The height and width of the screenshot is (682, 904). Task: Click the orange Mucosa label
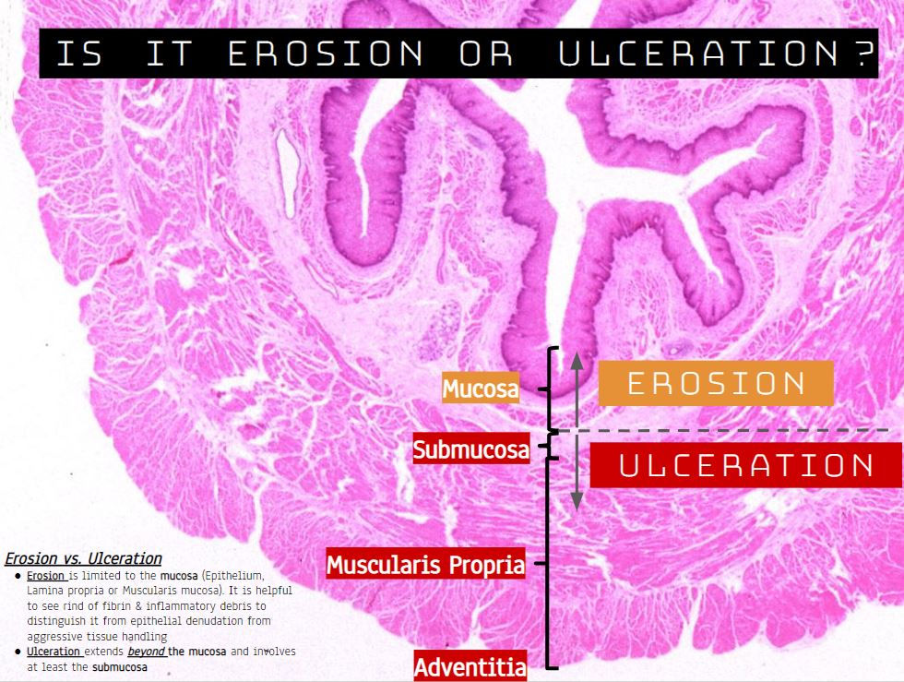click(481, 389)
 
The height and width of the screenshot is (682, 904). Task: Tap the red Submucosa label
click(471, 449)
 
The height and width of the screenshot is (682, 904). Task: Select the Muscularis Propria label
click(425, 564)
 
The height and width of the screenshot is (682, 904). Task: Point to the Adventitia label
click(470, 667)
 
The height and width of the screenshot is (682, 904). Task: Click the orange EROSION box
click(716, 383)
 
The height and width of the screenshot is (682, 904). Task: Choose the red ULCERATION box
click(745, 464)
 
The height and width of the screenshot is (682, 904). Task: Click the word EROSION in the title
click(326, 54)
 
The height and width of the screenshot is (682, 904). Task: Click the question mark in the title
click(860, 54)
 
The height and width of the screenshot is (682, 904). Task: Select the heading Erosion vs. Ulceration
click(83, 558)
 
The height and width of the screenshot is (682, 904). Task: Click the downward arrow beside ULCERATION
click(577, 475)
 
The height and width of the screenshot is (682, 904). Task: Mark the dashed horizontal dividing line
click(738, 430)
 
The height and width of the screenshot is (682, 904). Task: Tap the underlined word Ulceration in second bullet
click(54, 652)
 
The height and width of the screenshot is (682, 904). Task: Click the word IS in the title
click(79, 54)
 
